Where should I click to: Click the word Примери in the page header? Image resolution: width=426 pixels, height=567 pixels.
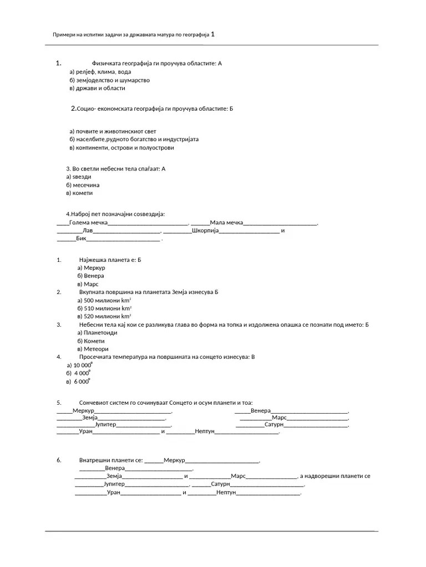[x=64, y=35]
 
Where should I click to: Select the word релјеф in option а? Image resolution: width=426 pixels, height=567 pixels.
[x=84, y=71]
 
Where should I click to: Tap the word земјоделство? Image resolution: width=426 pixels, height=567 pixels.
[x=96, y=80]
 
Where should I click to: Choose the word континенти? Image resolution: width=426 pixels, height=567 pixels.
[x=92, y=148]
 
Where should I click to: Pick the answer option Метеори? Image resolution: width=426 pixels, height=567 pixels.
[x=96, y=349]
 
